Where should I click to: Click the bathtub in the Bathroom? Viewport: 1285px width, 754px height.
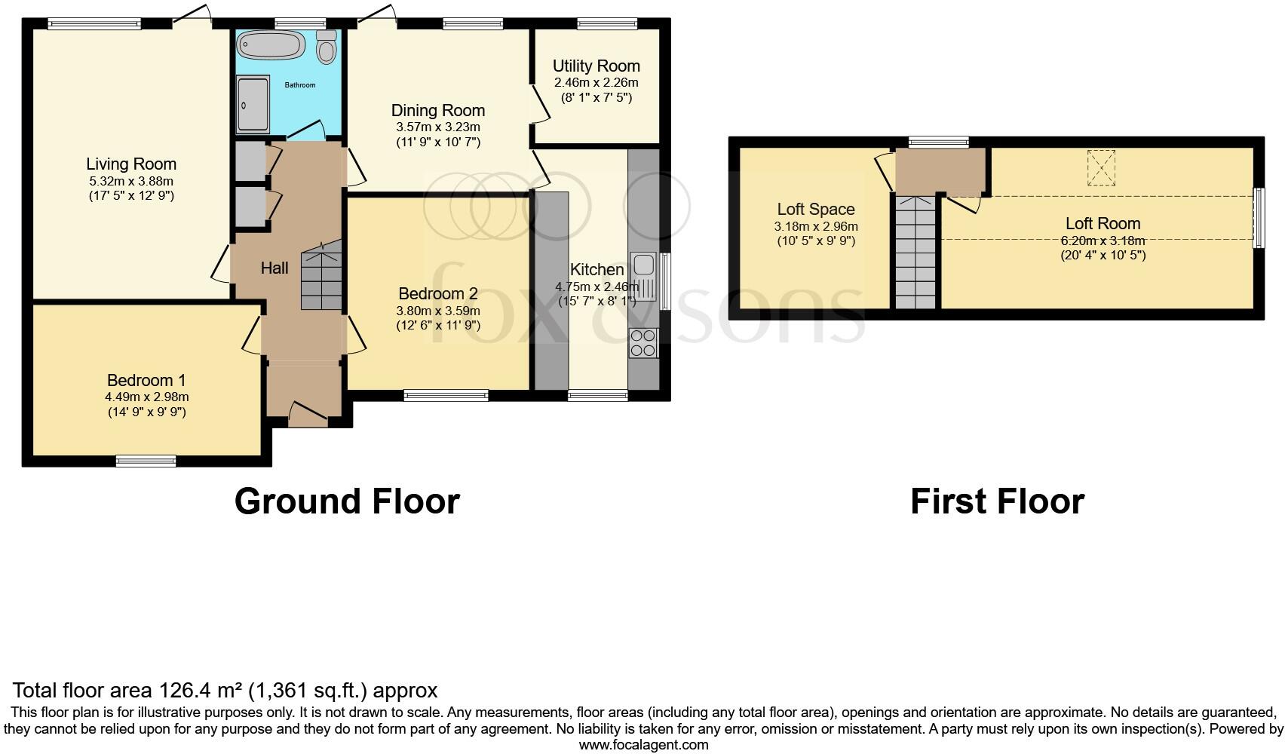[x=270, y=44]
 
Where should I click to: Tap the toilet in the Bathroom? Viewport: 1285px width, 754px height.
[x=327, y=47]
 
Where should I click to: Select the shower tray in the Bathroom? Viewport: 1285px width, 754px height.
[x=253, y=105]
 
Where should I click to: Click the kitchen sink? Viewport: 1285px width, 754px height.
[x=644, y=277]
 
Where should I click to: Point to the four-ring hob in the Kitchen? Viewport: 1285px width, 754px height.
[x=643, y=343]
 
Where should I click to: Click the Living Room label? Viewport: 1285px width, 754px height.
[x=131, y=164]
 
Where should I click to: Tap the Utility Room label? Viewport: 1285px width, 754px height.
[x=596, y=66]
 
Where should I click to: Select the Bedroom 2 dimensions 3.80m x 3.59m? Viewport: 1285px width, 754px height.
[x=438, y=311]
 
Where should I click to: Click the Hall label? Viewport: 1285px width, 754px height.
[x=274, y=268]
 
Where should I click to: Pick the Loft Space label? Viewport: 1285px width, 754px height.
[x=816, y=210]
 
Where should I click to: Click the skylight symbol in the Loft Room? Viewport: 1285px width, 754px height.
[x=1101, y=167]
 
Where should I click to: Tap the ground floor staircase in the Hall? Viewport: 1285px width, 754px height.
[x=321, y=275]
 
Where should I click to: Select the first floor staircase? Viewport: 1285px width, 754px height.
[x=915, y=253]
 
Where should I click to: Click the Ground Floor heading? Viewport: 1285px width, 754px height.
[x=347, y=501]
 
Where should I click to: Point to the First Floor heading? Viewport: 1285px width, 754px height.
[x=998, y=501]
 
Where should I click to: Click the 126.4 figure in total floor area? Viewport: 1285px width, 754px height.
[x=182, y=691]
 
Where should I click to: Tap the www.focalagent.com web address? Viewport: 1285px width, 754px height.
[x=644, y=745]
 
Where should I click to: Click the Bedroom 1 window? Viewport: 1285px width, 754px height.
[x=146, y=461]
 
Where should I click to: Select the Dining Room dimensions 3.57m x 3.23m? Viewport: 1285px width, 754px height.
[x=438, y=127]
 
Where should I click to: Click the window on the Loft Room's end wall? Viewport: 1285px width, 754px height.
[x=1258, y=218]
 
